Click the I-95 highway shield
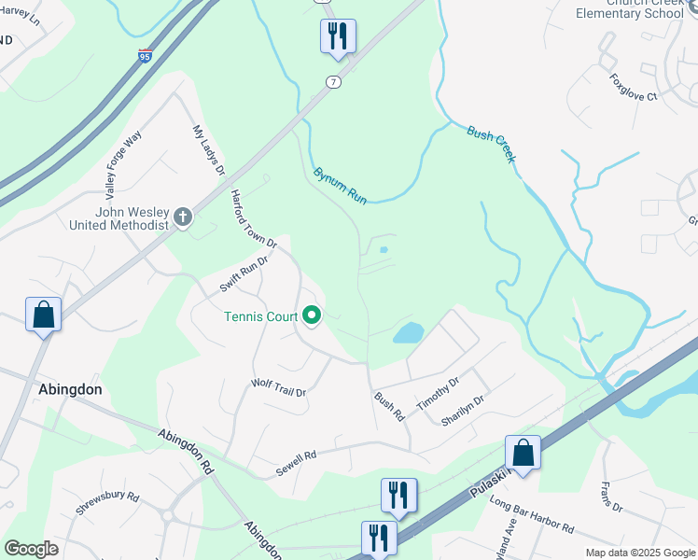pyautogui.click(x=144, y=57)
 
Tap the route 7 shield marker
pyautogui.click(x=333, y=82)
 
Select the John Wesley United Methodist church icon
pyautogui.click(x=183, y=218)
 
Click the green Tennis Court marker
pyautogui.click(x=312, y=316)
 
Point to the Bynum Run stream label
pyautogui.click(x=340, y=185)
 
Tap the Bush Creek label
pyautogui.click(x=491, y=144)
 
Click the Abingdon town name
pyautogui.click(x=70, y=389)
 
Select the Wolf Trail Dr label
pyautogui.click(x=279, y=387)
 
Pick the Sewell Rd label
pyautogui.click(x=297, y=464)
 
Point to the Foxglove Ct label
pyautogui.click(x=634, y=88)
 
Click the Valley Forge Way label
pyautogui.click(x=123, y=165)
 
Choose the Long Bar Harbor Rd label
pyautogui.click(x=531, y=516)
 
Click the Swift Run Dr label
pyautogui.click(x=244, y=273)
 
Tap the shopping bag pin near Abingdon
pyautogui.click(x=44, y=315)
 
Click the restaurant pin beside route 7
pyautogui.click(x=337, y=37)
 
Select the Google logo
pyautogui.click(x=31, y=549)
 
